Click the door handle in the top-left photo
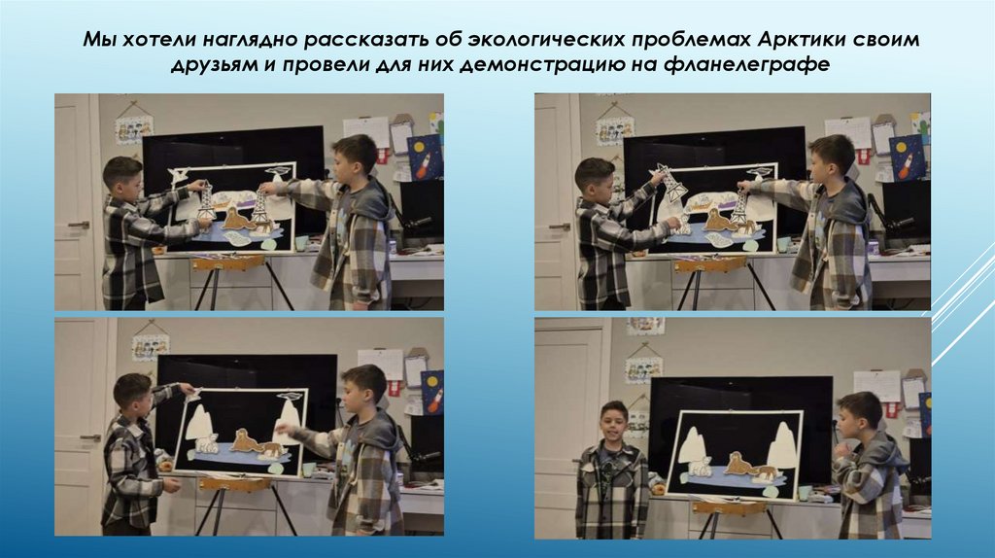(x=80, y=225)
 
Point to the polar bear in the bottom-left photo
(x=206, y=444)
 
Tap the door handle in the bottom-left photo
(x=90, y=438)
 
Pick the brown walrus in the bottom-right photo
(x=741, y=464)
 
